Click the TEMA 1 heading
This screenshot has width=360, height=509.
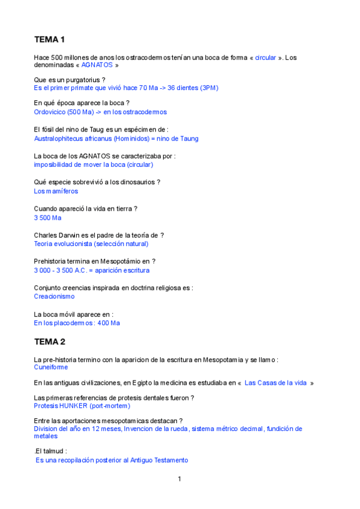pyautogui.click(x=49, y=40)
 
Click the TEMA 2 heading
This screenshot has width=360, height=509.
pyautogui.click(x=49, y=342)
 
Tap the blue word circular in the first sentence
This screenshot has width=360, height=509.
pyautogui.click(x=265, y=58)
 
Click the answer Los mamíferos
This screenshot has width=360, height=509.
pyautogui.click(x=56, y=191)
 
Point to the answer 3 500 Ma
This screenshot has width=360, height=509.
pyautogui.click(x=47, y=217)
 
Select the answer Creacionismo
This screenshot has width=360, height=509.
pyautogui.click(x=54, y=297)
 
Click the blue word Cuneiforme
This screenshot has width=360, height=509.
pyautogui.click(x=51, y=367)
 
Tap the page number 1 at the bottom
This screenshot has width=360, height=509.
pyautogui.click(x=179, y=478)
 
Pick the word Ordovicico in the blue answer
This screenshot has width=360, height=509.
pyautogui.click(x=50, y=112)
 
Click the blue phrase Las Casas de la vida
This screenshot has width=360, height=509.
pyautogui.click(x=276, y=383)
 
